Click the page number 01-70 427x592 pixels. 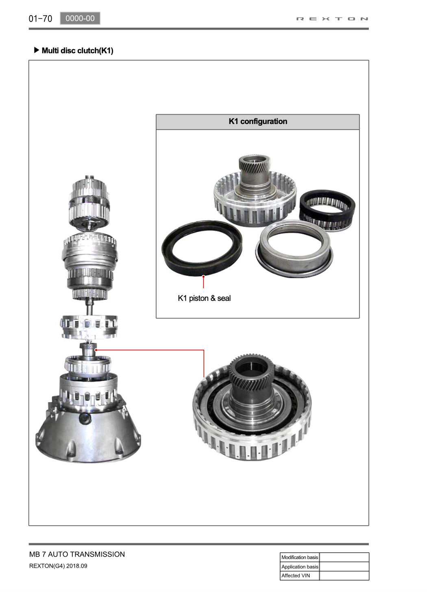click(x=40, y=19)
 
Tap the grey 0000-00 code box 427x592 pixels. click(x=80, y=18)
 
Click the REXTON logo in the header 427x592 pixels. click(x=332, y=19)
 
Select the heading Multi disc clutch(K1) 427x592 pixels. click(x=77, y=50)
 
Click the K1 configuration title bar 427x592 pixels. click(x=258, y=122)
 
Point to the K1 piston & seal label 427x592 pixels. click(x=204, y=298)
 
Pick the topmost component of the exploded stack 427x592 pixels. click(x=89, y=201)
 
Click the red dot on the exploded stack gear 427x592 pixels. click(x=96, y=350)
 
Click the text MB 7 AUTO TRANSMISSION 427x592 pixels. click(x=77, y=554)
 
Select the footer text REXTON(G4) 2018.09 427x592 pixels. click(x=58, y=566)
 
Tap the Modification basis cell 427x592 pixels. click(x=300, y=557)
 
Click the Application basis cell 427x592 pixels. click(x=300, y=567)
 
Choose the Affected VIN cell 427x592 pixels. click(x=300, y=575)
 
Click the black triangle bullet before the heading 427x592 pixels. click(x=37, y=50)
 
